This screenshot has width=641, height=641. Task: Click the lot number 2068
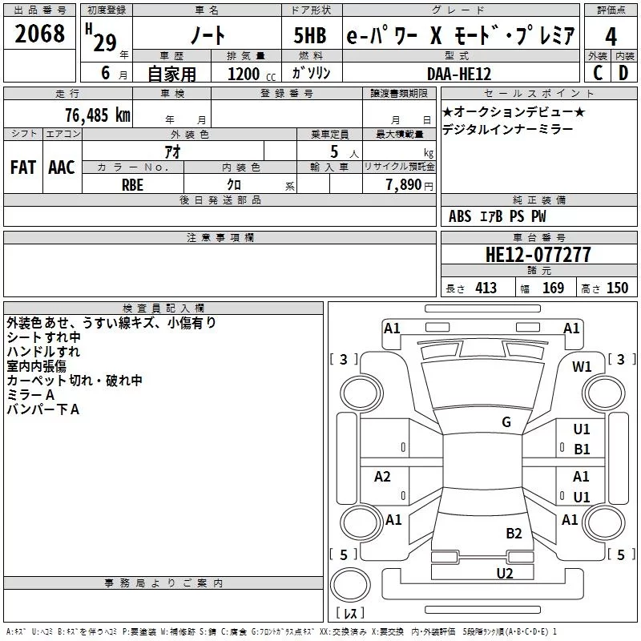point(39,34)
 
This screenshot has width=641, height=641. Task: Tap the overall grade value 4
point(611,36)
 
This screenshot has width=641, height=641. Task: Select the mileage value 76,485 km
point(98,115)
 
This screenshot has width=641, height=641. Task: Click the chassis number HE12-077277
point(538,255)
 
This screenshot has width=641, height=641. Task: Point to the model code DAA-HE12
point(458,74)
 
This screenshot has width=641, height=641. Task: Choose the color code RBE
point(132,185)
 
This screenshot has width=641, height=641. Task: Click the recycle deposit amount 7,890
point(404,185)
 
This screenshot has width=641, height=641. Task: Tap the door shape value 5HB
point(310,36)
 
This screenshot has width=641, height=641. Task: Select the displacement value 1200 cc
point(252,75)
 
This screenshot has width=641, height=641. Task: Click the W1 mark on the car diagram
point(582,367)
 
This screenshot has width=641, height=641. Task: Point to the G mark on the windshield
point(506,421)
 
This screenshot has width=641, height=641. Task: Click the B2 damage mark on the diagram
point(514,534)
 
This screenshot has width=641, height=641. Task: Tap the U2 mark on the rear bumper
point(505,574)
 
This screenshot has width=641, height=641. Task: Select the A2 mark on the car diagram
point(382,476)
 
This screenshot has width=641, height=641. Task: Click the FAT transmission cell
point(23,167)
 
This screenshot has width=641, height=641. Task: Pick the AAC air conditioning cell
point(62,167)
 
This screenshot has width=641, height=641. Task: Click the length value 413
point(486,288)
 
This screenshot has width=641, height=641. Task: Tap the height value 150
point(617,288)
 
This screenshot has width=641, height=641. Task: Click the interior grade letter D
point(623,73)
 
